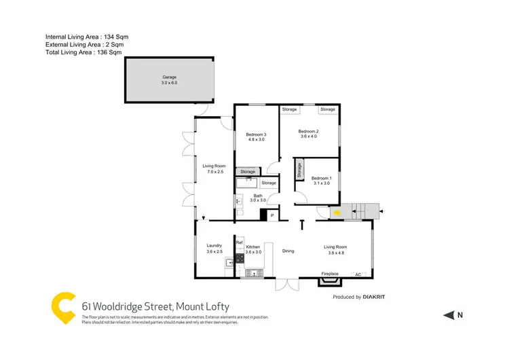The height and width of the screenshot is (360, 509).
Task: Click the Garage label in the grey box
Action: point(169,77)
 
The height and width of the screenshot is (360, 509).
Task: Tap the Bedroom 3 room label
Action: point(256,134)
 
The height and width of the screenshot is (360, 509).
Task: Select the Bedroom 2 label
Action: point(309,131)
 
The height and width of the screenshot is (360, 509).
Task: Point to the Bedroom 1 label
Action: point(321,178)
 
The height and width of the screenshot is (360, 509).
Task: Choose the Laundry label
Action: point(214,246)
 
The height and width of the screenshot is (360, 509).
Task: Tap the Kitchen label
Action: point(253,247)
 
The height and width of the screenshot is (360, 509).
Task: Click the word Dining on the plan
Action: point(288,251)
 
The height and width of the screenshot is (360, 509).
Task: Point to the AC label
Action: point(358,274)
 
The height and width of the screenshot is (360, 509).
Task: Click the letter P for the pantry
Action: point(272,215)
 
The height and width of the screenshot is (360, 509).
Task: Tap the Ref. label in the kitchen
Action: point(239,242)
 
